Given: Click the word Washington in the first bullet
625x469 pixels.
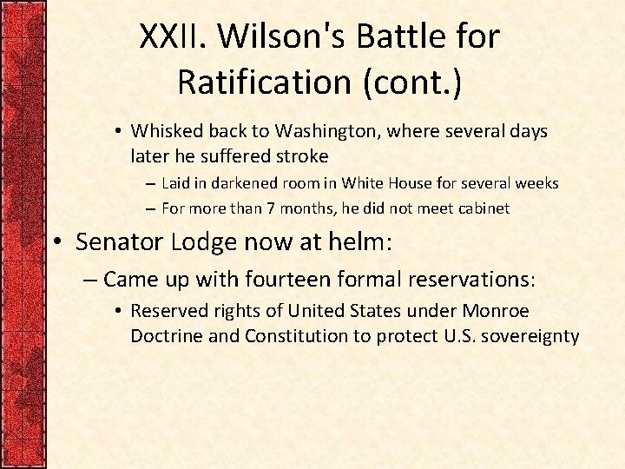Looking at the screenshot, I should coord(314,131).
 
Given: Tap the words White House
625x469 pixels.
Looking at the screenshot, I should coord(380,183).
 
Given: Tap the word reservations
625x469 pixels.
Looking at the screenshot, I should coord(475,280).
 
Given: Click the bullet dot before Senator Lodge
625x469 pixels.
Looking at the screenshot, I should coord(62,242).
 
